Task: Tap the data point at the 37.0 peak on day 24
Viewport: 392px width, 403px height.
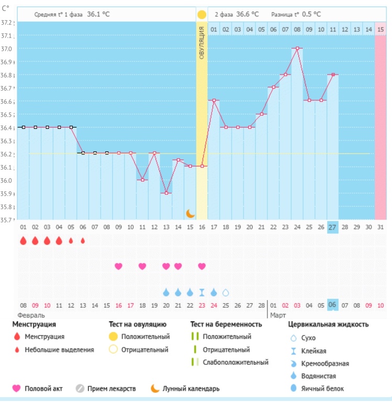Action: click(297, 48)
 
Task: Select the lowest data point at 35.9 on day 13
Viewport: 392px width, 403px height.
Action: click(166, 193)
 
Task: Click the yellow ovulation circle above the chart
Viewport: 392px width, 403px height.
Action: click(202, 14)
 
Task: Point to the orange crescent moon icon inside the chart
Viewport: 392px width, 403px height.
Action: click(191, 213)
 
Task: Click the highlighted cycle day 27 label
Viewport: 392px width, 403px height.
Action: click(333, 227)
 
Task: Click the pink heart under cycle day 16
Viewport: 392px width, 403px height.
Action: click(202, 266)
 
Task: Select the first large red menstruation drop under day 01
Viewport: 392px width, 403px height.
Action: click(24, 241)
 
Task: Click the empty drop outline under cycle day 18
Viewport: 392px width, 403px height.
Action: click(226, 292)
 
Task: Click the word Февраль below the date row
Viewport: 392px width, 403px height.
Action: click(31, 316)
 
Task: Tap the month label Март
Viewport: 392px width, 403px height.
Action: click(278, 316)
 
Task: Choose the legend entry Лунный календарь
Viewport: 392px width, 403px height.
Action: click(191, 388)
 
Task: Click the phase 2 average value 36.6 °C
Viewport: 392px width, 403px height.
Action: click(246, 14)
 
